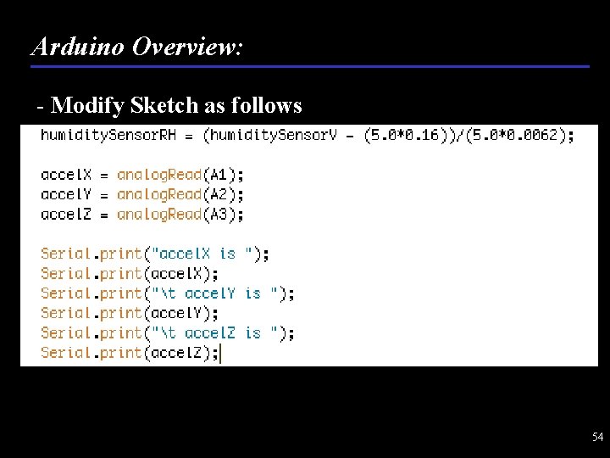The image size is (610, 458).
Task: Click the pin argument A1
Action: click(219, 175)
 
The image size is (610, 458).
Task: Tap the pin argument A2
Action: click(219, 194)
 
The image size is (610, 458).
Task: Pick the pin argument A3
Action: click(219, 214)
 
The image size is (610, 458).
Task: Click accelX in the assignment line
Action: click(65, 175)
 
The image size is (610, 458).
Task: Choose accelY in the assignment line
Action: click(65, 194)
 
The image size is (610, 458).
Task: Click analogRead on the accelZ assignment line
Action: click(158, 214)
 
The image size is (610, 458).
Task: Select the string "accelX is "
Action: click(203, 254)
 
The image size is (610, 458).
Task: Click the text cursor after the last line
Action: click(221, 353)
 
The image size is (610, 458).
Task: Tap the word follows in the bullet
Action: click(269, 105)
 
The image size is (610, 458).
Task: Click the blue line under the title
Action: click(309, 66)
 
